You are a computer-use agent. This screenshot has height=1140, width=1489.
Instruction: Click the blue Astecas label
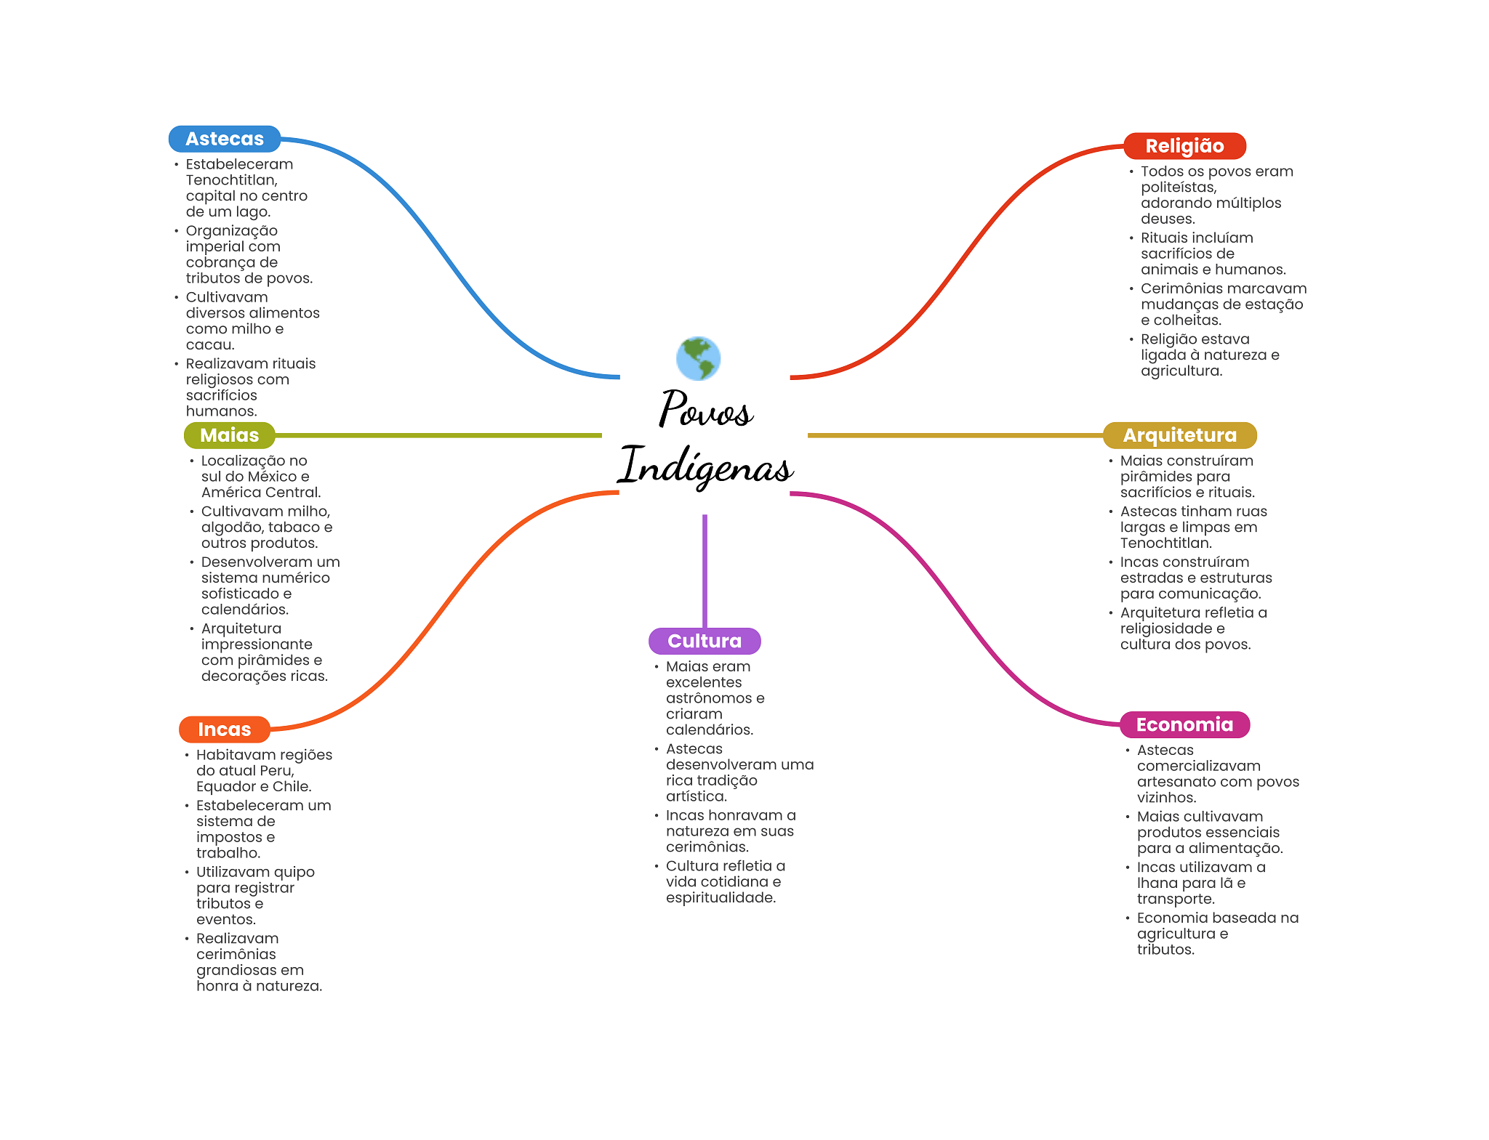click(x=225, y=139)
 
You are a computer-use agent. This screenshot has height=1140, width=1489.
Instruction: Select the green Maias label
click(x=229, y=435)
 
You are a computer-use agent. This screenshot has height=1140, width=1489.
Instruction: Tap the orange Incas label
click(x=224, y=729)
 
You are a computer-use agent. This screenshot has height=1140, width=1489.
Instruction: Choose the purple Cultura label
click(x=705, y=641)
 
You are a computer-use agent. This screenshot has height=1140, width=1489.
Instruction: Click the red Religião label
click(x=1184, y=146)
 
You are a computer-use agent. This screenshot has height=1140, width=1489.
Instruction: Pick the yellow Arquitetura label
click(x=1179, y=435)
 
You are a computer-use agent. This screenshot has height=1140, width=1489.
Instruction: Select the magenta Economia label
click(x=1184, y=724)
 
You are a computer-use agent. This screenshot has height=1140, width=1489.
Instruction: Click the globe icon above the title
click(x=698, y=358)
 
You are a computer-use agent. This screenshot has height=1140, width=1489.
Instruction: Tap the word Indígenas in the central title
click(x=705, y=465)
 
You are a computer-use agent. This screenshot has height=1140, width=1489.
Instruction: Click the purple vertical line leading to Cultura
click(x=705, y=571)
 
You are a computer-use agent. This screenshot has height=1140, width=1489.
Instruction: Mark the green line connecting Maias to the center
click(x=438, y=435)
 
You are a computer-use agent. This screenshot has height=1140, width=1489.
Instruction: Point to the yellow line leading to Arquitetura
click(x=955, y=435)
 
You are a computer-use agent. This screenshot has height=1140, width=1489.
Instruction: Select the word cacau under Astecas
click(x=209, y=345)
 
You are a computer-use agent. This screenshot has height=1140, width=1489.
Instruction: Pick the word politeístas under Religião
click(x=1179, y=187)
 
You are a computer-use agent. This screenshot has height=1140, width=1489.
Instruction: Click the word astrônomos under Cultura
click(x=709, y=698)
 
